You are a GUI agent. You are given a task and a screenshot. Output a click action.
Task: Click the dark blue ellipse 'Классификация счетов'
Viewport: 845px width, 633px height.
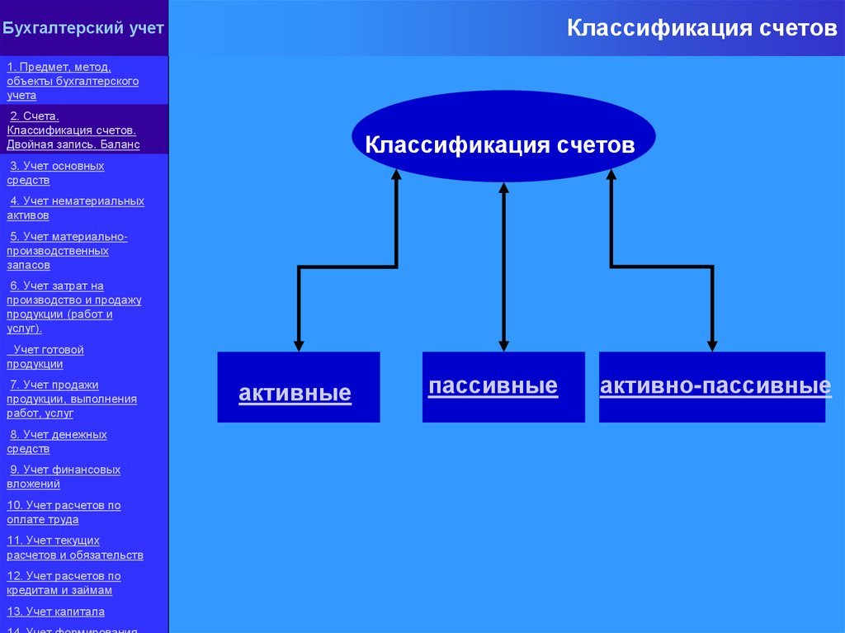(503, 137)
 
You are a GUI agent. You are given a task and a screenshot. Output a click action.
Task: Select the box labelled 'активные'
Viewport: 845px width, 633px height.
(298, 388)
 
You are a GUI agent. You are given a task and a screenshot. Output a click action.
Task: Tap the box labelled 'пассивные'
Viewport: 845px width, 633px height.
(503, 387)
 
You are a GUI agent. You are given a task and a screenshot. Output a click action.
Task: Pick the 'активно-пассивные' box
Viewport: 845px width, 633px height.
(711, 387)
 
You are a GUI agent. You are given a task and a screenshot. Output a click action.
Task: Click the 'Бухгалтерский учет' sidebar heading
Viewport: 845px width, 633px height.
(83, 28)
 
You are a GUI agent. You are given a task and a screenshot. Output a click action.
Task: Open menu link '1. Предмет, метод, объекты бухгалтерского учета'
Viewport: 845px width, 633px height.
(73, 81)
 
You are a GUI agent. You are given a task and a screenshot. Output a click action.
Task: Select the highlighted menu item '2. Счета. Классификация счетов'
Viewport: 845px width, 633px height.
(73, 130)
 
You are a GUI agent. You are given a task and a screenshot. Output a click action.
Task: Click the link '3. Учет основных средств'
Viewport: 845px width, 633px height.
(55, 172)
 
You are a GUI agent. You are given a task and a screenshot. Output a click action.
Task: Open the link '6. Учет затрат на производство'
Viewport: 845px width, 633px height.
(74, 307)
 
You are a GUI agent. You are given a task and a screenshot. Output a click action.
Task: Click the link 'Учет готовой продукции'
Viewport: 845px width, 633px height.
(48, 357)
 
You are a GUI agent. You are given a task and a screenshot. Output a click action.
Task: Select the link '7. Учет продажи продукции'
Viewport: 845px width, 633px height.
(72, 399)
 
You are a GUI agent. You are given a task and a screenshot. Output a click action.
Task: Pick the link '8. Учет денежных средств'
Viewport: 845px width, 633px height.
(57, 442)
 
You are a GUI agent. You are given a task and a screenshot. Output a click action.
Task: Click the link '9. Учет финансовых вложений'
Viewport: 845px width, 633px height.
(64, 477)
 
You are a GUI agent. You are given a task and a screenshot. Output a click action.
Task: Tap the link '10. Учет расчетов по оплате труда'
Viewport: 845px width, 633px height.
(64, 513)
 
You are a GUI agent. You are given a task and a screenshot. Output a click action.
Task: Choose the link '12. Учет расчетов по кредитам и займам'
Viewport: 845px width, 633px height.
(64, 583)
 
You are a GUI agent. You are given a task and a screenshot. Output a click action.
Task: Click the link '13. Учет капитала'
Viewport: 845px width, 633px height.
(56, 612)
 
